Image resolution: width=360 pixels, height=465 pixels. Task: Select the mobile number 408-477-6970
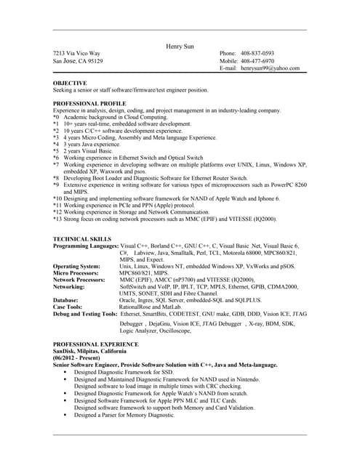(x=258, y=61)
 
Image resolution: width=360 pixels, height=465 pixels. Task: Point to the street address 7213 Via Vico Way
(x=77, y=54)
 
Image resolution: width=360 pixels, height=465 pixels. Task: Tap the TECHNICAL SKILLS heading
(x=82, y=239)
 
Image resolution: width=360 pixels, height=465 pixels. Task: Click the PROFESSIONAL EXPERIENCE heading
(x=95, y=344)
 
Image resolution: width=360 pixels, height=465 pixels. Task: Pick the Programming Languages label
(x=86, y=246)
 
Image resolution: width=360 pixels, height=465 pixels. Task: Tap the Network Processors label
(x=79, y=279)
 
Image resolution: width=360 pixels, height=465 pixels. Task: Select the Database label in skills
(x=66, y=299)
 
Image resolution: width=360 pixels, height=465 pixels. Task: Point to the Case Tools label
(x=68, y=306)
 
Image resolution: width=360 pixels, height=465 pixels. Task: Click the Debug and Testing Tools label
(x=85, y=313)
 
